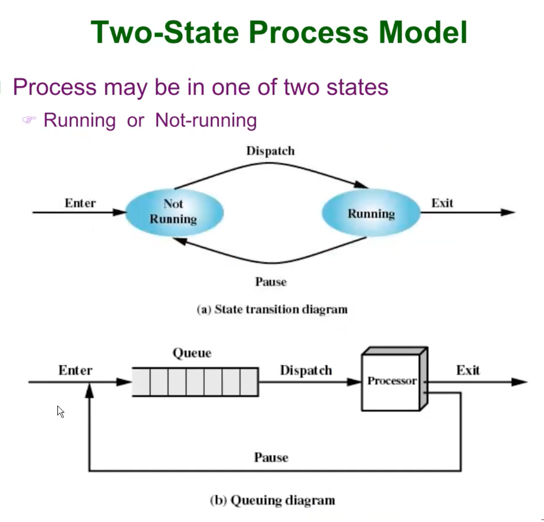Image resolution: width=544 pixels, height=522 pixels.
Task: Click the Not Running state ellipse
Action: coord(174,212)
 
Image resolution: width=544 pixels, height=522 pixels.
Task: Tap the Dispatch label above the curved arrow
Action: coord(271,151)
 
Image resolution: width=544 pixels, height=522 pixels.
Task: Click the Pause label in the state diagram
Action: coord(271,282)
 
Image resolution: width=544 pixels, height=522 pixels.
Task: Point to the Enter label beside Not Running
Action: coord(80,203)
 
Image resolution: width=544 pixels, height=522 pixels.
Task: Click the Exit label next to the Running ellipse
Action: coord(442,203)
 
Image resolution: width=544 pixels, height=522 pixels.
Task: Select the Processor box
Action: coord(391,381)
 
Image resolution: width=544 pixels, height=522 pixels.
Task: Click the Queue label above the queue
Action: coord(192,353)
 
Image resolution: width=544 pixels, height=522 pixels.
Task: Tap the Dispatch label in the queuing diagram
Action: coord(306,371)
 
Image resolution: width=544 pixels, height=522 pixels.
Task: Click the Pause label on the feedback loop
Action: coord(271,458)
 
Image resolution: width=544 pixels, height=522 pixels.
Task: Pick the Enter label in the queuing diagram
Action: coord(75,371)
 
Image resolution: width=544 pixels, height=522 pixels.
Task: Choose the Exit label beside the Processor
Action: coord(468,371)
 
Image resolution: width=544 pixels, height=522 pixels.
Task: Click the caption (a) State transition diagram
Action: coord(272,309)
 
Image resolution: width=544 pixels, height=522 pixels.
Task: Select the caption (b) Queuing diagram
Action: coord(272,500)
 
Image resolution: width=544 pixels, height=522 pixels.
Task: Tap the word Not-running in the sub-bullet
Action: coord(206,120)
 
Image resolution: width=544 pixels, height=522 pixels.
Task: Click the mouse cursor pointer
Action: coord(60,411)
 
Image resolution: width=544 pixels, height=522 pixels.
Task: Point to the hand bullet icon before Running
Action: coord(29,120)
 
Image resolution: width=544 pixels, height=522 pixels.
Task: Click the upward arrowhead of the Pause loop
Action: coord(89,390)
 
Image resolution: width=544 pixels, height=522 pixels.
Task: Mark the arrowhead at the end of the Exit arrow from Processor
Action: coord(519,382)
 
